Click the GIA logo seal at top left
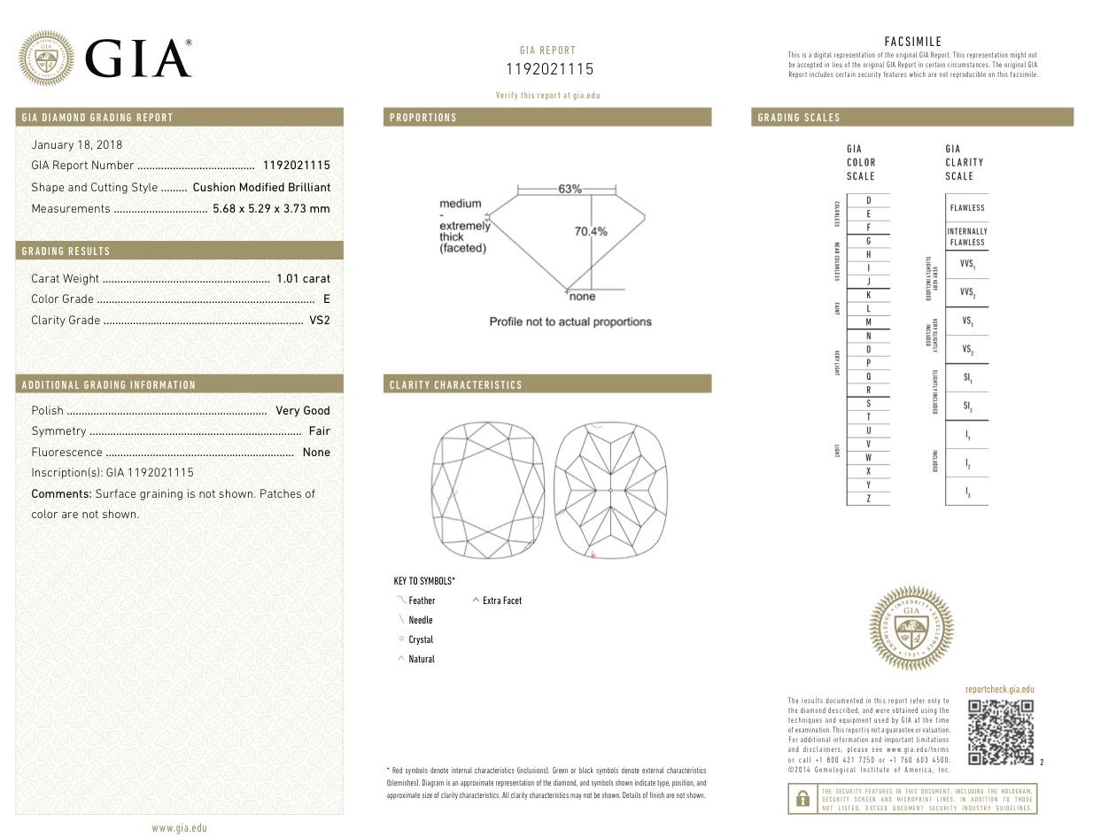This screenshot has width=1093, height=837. pos(46,58)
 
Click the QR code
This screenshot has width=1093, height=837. pos(1000,732)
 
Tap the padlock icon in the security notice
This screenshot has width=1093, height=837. pos(802,798)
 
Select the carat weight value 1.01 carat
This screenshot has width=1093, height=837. pos(303,278)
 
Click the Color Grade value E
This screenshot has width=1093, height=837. pos(327,299)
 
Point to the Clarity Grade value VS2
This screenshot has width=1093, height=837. pos(320,321)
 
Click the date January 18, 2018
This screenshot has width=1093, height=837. pos(77,144)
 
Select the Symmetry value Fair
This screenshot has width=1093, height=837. pos(319,431)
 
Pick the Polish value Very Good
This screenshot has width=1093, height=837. pos(303,411)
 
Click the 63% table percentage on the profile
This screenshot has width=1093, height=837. pos(570,189)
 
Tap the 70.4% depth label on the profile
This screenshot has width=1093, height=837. pos(591,231)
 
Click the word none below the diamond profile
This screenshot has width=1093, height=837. pos(582,297)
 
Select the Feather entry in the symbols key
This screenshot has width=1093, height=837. pos(422,601)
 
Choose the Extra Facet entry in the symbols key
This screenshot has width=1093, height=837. pos(502,601)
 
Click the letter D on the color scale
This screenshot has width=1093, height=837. pos(868,200)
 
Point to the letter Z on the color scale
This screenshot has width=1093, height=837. pos(868,499)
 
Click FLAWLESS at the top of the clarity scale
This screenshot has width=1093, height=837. pos(966,208)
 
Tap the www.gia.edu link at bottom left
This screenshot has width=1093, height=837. pos(179,828)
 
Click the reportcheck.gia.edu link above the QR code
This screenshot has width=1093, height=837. pos(999,689)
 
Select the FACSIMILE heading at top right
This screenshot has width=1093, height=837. pos(912,42)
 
